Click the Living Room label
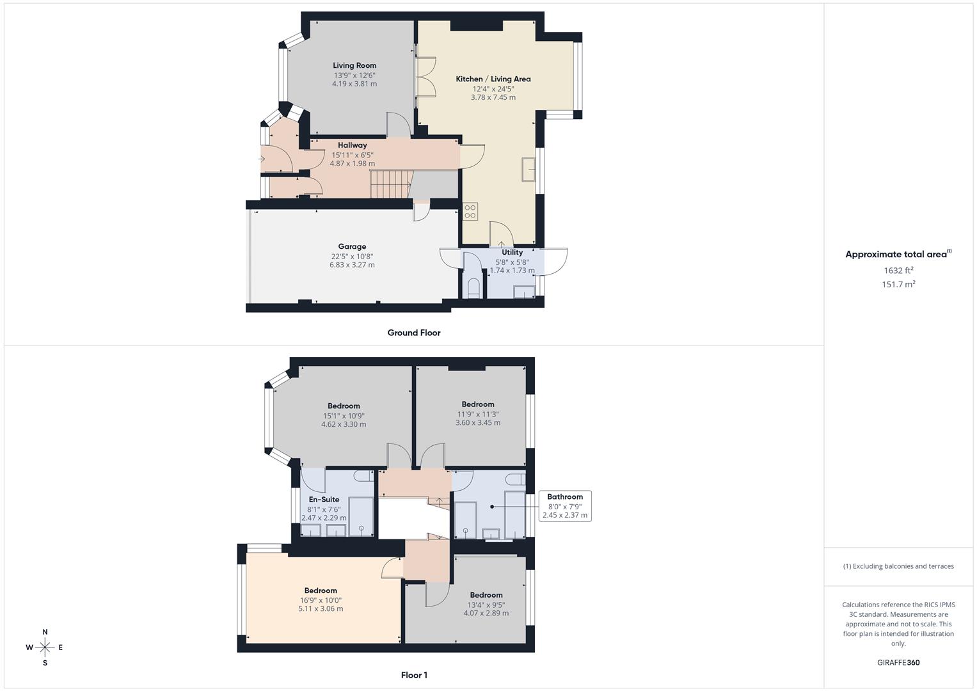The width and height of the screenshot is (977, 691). pyautogui.click(x=354, y=65)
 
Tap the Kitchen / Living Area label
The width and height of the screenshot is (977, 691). pyautogui.click(x=493, y=79)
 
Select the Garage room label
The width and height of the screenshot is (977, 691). pyautogui.click(x=352, y=246)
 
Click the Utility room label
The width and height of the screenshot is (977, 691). pyautogui.click(x=512, y=252)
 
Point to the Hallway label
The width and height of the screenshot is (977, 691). pyautogui.click(x=353, y=145)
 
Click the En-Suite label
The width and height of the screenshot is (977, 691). pyautogui.click(x=324, y=500)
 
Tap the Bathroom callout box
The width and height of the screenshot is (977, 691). pyautogui.click(x=565, y=505)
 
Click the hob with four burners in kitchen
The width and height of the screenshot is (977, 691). pyautogui.click(x=470, y=211)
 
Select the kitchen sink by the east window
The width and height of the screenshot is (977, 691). pyautogui.click(x=529, y=170)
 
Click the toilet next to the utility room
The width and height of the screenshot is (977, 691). pyautogui.click(x=473, y=287)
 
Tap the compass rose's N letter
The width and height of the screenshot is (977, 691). pyautogui.click(x=45, y=632)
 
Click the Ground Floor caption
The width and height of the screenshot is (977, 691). pyautogui.click(x=414, y=333)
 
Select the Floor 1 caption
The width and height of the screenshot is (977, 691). pyautogui.click(x=414, y=675)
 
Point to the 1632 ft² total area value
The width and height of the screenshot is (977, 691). pyautogui.click(x=898, y=270)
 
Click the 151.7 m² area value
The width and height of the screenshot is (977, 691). pyautogui.click(x=898, y=285)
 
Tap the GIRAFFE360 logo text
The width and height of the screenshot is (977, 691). pyautogui.click(x=898, y=663)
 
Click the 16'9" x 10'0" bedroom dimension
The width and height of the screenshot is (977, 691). pyautogui.click(x=321, y=600)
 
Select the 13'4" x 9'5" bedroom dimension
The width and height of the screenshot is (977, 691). pyautogui.click(x=486, y=605)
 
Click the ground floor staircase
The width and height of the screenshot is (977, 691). pyautogui.click(x=390, y=184)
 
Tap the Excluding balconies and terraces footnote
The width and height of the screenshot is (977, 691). pyautogui.click(x=898, y=566)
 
